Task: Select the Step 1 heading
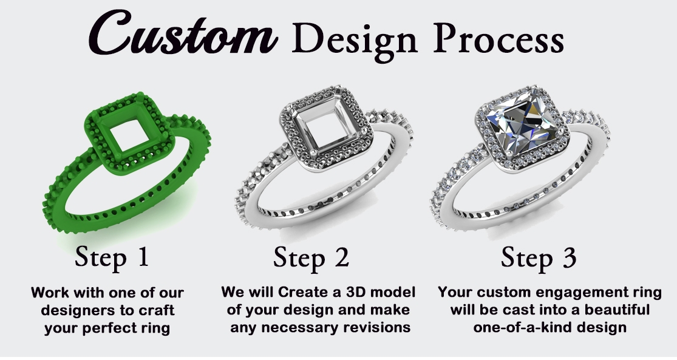pyautogui.click(x=112, y=257)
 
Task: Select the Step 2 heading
pyautogui.click(x=311, y=257)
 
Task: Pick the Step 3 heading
pyautogui.click(x=539, y=257)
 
